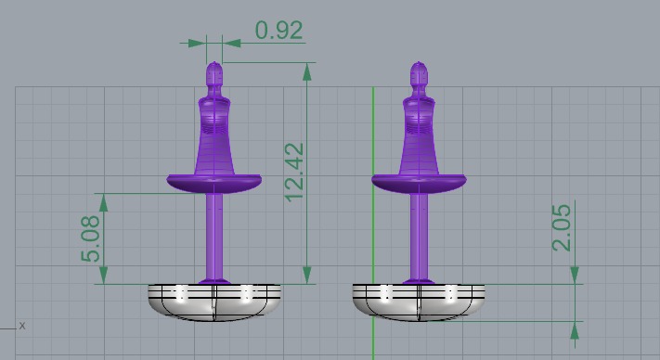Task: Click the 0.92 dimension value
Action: pyautogui.click(x=278, y=31)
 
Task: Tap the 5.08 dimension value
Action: pyautogui.click(x=90, y=238)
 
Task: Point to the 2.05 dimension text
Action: pyautogui.click(x=563, y=227)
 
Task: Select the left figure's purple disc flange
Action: pyautogui.click(x=214, y=183)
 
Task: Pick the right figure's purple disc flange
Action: pyautogui.click(x=420, y=183)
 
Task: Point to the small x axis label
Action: pyautogui.click(x=22, y=326)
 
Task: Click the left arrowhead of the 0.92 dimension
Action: pyautogui.click(x=197, y=43)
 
